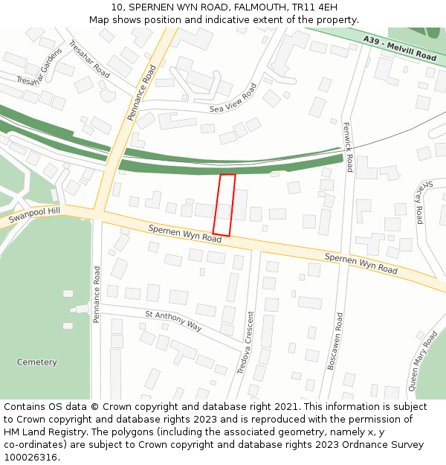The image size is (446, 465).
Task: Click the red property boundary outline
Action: [x=224, y=205]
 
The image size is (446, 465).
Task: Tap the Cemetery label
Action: [x=37, y=362]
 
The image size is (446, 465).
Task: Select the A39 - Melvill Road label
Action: [x=399, y=48]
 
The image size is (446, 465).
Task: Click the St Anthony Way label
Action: [x=173, y=321]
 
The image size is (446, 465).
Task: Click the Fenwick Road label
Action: [x=347, y=147]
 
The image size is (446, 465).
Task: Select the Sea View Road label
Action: [x=233, y=98]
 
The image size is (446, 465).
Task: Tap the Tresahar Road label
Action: [x=89, y=59]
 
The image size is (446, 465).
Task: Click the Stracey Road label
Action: [x=420, y=201]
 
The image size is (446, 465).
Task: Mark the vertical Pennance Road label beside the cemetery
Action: [x=97, y=294]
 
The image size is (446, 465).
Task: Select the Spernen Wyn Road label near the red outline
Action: [x=184, y=234]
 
